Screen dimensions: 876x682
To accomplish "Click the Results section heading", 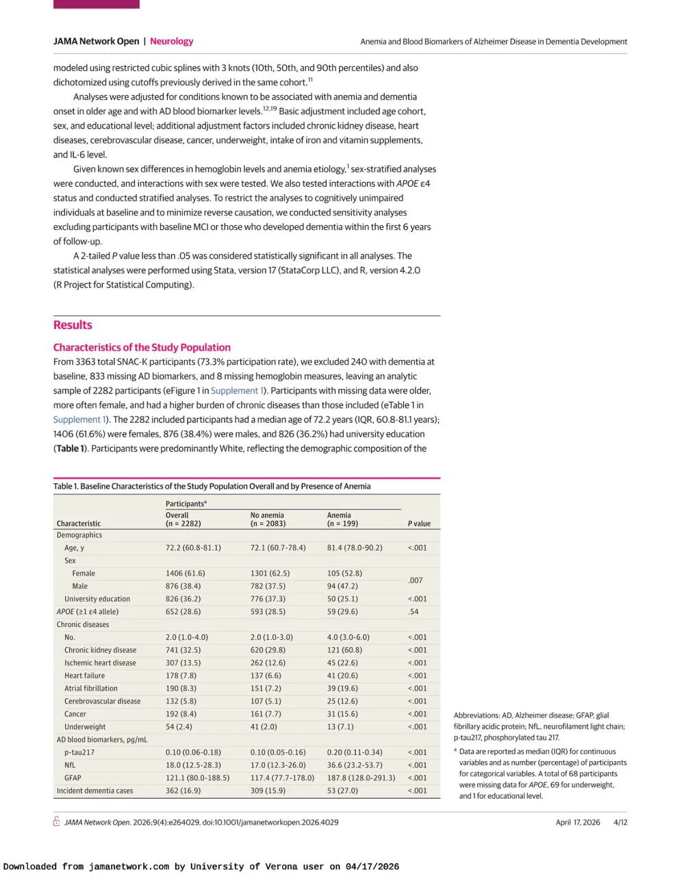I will click(x=73, y=325).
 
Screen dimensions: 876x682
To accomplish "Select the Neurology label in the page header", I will click(x=171, y=41).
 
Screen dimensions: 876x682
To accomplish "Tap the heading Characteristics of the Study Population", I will click(x=142, y=347).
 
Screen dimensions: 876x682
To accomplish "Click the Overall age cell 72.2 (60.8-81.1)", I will click(x=193, y=547).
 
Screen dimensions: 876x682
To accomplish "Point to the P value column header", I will click(x=419, y=524).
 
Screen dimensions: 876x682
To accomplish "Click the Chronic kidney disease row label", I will click(x=100, y=650).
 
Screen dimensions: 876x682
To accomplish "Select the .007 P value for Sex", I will click(x=415, y=580).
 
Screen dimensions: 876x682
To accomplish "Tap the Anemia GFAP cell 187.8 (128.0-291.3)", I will click(x=361, y=778).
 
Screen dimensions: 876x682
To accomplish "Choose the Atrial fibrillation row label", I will click(x=91, y=688).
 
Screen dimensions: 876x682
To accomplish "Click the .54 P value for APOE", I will click(x=413, y=612).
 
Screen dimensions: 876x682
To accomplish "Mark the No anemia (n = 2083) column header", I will click(x=268, y=519).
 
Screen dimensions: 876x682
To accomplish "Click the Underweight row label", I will click(x=85, y=727).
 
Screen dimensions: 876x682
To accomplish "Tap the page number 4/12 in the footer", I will click(x=620, y=822).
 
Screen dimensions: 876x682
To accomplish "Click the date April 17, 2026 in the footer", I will click(x=578, y=822).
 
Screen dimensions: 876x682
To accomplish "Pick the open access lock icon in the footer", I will click(x=57, y=822).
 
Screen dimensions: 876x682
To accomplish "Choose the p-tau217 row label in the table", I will click(x=79, y=752).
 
